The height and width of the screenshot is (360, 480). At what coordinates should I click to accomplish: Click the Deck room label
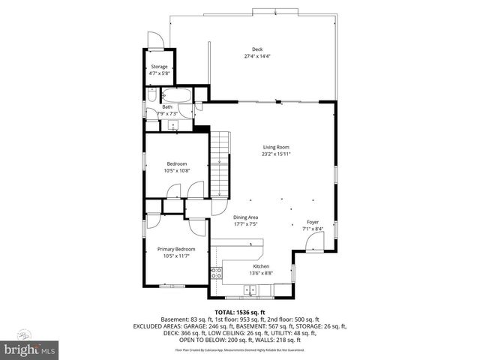[x=257, y=49]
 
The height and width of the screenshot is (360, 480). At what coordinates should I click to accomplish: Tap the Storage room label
[x=159, y=67]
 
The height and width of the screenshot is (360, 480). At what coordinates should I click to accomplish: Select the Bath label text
[x=167, y=106]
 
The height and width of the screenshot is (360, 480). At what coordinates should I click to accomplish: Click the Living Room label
[x=276, y=147]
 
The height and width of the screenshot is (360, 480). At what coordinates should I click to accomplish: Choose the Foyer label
[x=311, y=221]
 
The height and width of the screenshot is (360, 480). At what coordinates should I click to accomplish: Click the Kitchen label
[x=261, y=266]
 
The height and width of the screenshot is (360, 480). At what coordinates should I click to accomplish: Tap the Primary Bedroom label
[x=176, y=249]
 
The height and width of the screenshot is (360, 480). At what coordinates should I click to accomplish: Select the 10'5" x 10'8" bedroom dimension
[x=176, y=170]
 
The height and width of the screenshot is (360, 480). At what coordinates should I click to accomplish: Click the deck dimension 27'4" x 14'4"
[x=257, y=56]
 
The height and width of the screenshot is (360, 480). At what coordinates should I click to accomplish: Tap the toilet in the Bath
[x=151, y=95]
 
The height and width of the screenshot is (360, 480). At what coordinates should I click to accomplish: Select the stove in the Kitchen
[x=216, y=272]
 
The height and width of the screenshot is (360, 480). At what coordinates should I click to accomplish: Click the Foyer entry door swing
[x=315, y=241]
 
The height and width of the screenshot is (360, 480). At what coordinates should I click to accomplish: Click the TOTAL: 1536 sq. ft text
[x=240, y=312]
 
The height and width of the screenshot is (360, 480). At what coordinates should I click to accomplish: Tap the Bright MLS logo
[x=30, y=349]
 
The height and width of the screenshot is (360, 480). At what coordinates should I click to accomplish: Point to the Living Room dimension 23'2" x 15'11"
[x=276, y=154]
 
